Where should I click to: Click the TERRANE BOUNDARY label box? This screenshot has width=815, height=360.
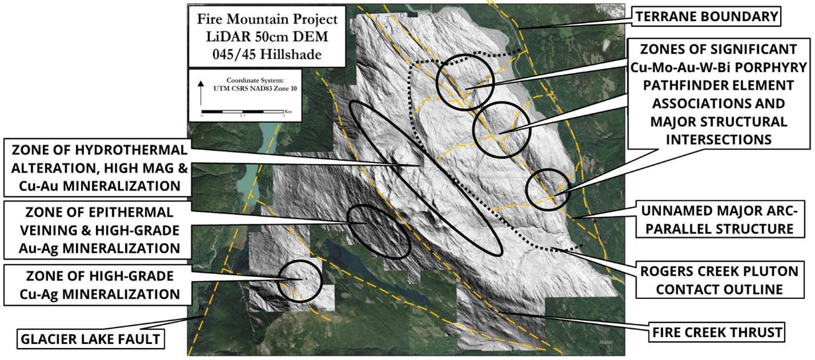pyautogui.click(x=707, y=17)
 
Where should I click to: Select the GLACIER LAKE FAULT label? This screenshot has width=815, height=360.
pyautogui.click(x=90, y=339)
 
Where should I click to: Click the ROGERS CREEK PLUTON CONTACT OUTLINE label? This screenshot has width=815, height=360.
pyautogui.click(x=719, y=280)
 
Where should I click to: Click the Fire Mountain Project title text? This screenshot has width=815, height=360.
pyautogui.click(x=267, y=19)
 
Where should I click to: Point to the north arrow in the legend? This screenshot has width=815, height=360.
pyautogui.click(x=201, y=91)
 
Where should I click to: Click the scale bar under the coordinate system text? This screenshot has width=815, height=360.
pyautogui.click(x=242, y=111)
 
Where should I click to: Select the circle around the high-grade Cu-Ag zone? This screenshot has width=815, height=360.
pyautogui.click(x=300, y=281)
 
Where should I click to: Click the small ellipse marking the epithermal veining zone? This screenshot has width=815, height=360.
pyautogui.click(x=379, y=231)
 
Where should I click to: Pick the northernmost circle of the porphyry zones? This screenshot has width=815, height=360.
pyautogui.click(x=465, y=82)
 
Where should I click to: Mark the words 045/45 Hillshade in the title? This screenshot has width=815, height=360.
pyautogui.click(x=267, y=55)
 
